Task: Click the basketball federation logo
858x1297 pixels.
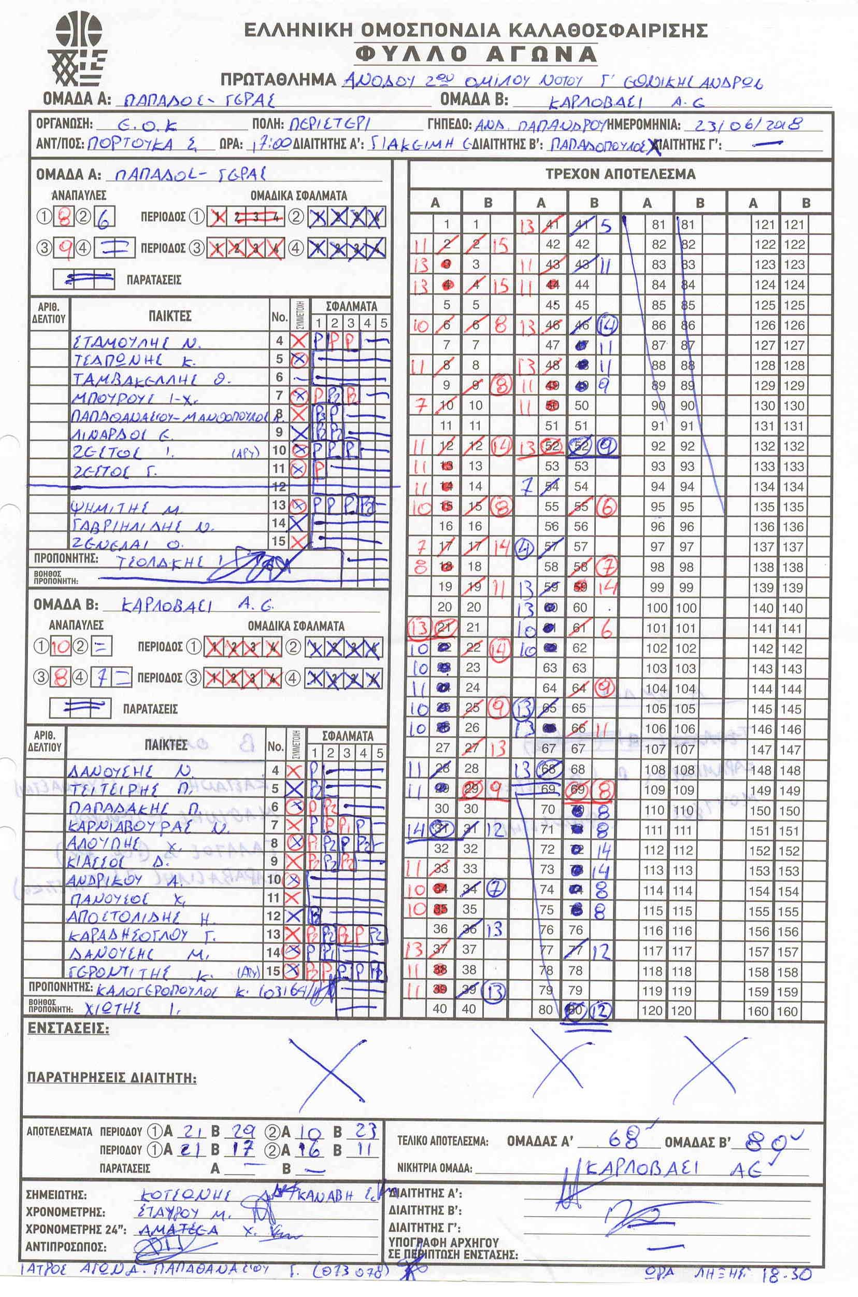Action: click(77, 50)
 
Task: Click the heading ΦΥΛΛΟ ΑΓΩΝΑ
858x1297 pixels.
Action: click(476, 54)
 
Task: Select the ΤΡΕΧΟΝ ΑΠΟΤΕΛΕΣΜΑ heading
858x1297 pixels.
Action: click(620, 175)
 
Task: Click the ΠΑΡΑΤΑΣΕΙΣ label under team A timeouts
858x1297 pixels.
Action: click(154, 280)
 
